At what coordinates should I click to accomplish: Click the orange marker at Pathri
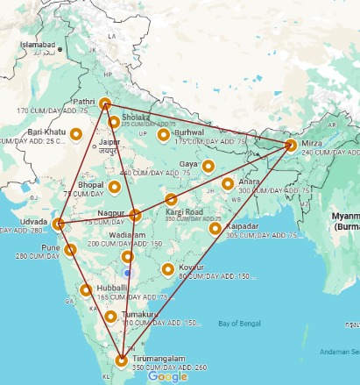pyautogui.click(x=105, y=104)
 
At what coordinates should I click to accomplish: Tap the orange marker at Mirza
pyautogui.click(x=291, y=145)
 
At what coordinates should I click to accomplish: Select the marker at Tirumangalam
pyautogui.click(x=121, y=359)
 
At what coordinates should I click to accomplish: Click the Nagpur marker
pyautogui.click(x=135, y=215)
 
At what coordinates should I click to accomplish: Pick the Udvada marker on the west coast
pyautogui.click(x=59, y=225)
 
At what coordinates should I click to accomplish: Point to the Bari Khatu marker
pyautogui.click(x=76, y=134)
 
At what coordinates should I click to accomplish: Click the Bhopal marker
pyautogui.click(x=115, y=186)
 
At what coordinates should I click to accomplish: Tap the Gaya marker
pyautogui.click(x=208, y=165)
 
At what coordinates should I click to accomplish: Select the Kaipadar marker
pyautogui.click(x=215, y=229)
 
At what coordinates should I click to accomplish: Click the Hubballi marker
pyautogui.click(x=86, y=289)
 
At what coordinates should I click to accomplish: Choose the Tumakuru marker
pyautogui.click(x=110, y=317)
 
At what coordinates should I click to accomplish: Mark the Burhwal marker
pyautogui.click(x=163, y=134)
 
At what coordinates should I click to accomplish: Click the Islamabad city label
pyautogui.click(x=38, y=44)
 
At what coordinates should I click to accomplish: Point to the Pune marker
pyautogui.click(x=71, y=250)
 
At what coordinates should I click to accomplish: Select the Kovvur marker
pyautogui.click(x=167, y=269)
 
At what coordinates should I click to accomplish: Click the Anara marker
pyautogui.click(x=228, y=184)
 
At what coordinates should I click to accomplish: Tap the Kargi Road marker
pyautogui.click(x=172, y=200)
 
